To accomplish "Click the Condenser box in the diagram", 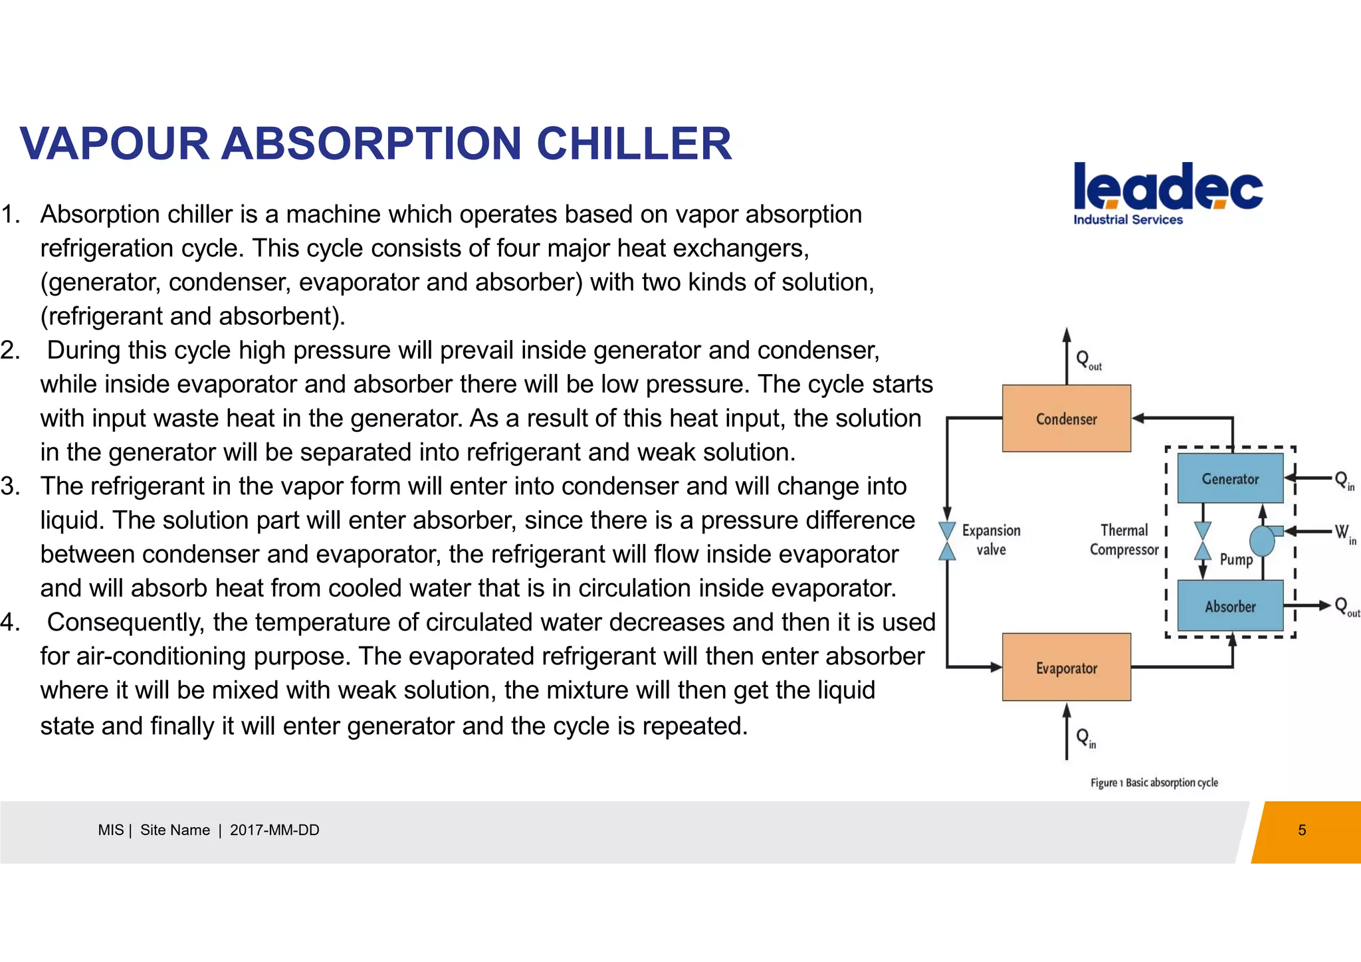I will (x=1066, y=419).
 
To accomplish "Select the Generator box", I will (x=1229, y=478).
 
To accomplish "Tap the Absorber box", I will (x=1229, y=606).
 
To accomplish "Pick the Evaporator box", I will (x=1066, y=667).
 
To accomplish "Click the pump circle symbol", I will (x=1261, y=541).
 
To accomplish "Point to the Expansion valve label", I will (x=991, y=539).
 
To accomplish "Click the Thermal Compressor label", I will (x=1124, y=539).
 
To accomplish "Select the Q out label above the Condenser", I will (x=1088, y=361).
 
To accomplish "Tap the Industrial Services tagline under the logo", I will (x=1128, y=220).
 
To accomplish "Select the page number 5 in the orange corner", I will (x=1302, y=830).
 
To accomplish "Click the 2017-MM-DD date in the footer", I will (x=274, y=830).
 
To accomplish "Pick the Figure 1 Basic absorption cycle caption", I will (x=1154, y=783).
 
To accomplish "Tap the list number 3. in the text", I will (x=11, y=486).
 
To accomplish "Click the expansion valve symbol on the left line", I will (x=947, y=541).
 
